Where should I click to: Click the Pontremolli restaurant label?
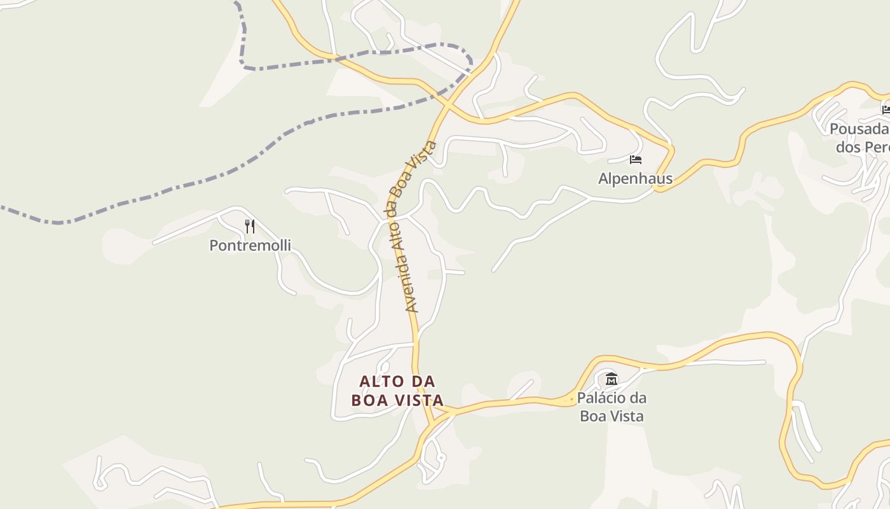point(250,245)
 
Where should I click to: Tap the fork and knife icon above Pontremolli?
point(250,226)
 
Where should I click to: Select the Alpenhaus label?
point(635,179)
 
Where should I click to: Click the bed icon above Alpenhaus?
point(636,159)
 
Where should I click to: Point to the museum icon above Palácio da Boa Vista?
point(612,379)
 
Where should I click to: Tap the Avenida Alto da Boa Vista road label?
point(413,226)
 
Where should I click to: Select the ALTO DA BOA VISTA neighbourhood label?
point(398,391)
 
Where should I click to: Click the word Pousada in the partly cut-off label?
point(859,129)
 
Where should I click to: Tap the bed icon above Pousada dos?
point(886,109)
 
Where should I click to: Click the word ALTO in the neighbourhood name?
point(381,381)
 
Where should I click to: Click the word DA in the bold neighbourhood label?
point(423,381)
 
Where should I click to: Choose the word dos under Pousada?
point(848,147)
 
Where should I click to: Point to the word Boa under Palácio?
point(592,416)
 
